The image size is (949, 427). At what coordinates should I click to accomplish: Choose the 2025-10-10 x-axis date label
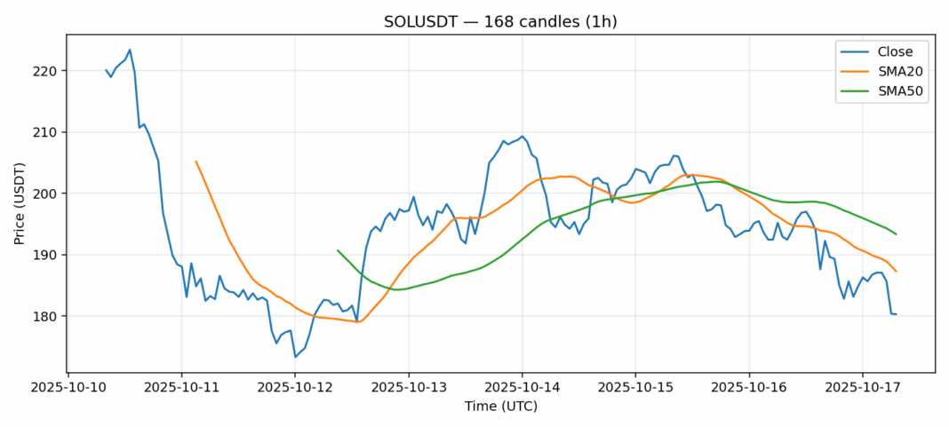pyautogui.click(x=68, y=388)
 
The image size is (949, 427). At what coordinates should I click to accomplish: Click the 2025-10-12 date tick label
pyautogui.click(x=295, y=388)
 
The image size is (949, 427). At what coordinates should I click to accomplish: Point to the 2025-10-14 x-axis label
pyautogui.click(x=522, y=388)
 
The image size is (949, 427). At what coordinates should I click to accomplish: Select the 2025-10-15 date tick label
pyautogui.click(x=635, y=388)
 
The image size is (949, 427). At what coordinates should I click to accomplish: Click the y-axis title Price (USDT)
pyautogui.click(x=19, y=203)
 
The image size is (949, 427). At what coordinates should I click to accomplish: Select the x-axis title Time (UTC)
pyautogui.click(x=500, y=406)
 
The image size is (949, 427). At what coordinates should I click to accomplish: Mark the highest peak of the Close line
pyautogui.click(x=130, y=50)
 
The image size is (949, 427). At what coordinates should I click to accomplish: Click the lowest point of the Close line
pyautogui.click(x=295, y=357)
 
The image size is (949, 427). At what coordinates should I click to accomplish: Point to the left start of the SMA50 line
pyautogui.click(x=338, y=250)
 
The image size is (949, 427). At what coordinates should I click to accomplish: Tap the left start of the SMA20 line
pyautogui.click(x=195, y=162)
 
